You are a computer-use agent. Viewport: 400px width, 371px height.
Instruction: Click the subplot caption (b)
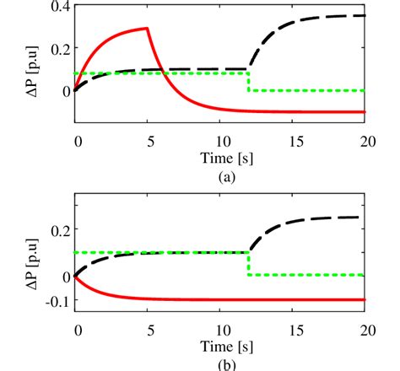click(x=222, y=364)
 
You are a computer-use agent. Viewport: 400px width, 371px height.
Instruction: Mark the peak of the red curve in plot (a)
click(x=148, y=29)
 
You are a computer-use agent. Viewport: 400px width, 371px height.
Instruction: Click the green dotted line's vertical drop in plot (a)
click(x=248, y=82)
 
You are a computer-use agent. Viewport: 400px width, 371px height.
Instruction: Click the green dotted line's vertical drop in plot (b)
click(x=248, y=264)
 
